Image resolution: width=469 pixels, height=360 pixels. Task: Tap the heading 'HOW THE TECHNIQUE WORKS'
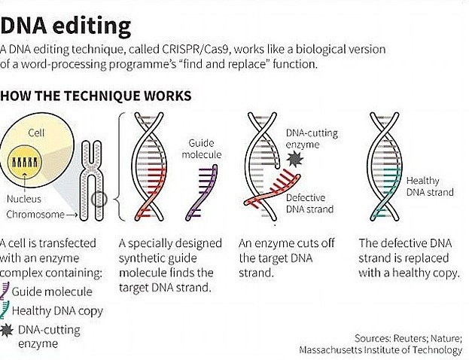(x=96, y=96)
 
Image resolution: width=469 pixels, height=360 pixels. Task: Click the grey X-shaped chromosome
(x=92, y=181)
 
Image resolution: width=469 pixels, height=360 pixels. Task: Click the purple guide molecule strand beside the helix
(x=200, y=194)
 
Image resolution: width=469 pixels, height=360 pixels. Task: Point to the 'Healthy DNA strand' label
(x=430, y=186)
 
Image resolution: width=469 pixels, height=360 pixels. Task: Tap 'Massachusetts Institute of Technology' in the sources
(x=380, y=349)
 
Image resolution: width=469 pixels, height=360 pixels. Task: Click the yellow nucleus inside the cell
(x=38, y=162)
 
